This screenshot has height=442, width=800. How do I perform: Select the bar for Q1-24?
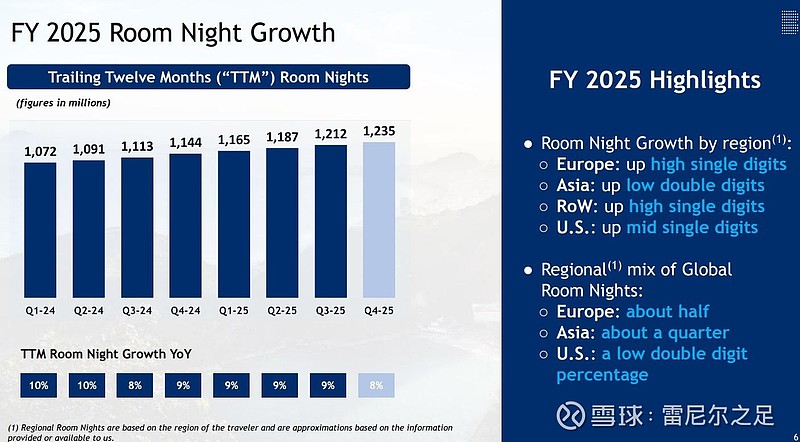[x=40, y=230]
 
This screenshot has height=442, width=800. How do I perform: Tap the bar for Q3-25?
[x=330, y=222]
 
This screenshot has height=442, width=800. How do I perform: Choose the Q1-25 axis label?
[x=234, y=310]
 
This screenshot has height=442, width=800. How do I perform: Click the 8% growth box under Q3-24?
[x=137, y=384]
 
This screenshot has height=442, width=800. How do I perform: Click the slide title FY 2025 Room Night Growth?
[x=173, y=32]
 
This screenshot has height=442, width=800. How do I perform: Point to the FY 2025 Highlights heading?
[x=655, y=80]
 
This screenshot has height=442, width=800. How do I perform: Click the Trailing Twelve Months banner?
[x=209, y=77]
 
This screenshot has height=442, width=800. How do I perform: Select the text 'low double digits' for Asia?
[x=695, y=185]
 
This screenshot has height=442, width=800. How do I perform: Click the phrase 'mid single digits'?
[x=692, y=227]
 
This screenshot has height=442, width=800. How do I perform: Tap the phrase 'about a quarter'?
[x=665, y=332]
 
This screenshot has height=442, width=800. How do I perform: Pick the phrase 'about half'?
[x=668, y=311]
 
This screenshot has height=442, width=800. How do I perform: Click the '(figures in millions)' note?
[x=63, y=102]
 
